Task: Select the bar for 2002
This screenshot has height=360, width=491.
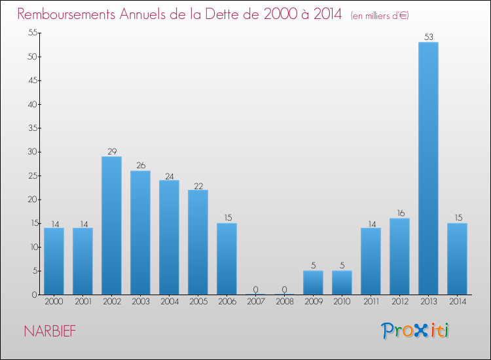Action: (111, 226)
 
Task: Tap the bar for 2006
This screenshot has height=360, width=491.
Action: (227, 259)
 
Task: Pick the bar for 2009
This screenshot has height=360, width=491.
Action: (313, 283)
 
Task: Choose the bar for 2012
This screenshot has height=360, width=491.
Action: (399, 257)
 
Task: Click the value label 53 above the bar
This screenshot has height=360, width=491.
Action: (428, 37)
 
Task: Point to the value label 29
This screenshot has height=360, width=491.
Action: (111, 152)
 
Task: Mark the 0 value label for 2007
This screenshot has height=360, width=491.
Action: (255, 289)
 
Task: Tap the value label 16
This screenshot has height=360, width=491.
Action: (399, 213)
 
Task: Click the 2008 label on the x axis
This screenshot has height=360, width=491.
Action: (284, 302)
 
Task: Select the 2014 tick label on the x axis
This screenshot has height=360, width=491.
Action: (457, 302)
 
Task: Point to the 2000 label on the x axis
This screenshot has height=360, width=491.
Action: (54, 302)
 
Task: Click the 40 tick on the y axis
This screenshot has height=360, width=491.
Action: (31, 104)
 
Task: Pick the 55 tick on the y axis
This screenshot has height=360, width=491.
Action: (31, 33)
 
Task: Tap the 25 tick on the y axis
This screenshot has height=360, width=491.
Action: (31, 175)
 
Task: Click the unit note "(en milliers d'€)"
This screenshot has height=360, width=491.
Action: (380, 15)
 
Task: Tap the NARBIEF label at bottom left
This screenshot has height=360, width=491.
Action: (50, 331)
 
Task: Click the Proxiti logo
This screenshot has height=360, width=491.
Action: (415, 331)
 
